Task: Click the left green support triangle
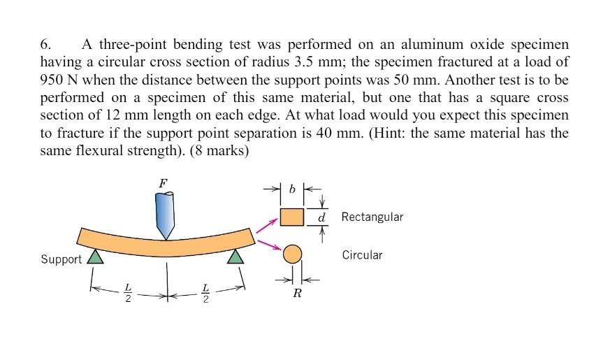(x=95, y=258)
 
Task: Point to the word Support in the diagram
(x=61, y=259)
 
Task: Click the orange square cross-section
(x=292, y=217)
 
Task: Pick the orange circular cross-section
(x=292, y=254)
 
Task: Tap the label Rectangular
(x=372, y=217)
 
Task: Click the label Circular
(x=362, y=254)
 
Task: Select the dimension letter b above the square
(x=292, y=189)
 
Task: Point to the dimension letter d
(x=321, y=217)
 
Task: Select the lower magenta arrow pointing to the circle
(x=268, y=244)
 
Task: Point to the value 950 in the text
(x=54, y=75)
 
